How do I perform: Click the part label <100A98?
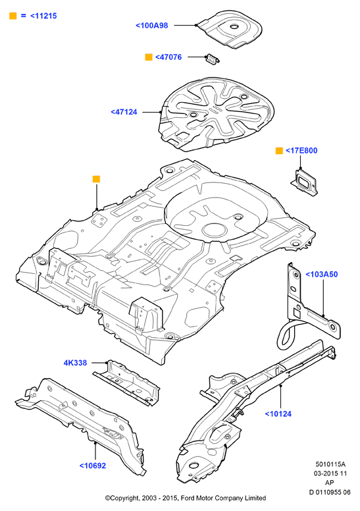(x=152, y=26)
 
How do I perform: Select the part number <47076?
(x=168, y=57)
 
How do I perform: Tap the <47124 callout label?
(x=124, y=112)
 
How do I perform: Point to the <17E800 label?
(x=301, y=151)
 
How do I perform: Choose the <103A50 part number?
(x=322, y=275)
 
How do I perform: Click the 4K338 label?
(x=75, y=363)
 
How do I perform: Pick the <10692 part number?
(x=93, y=466)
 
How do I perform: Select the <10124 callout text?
(x=278, y=414)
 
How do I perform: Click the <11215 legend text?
(x=43, y=16)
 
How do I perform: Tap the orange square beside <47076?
(x=149, y=57)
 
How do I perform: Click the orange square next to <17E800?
(x=279, y=151)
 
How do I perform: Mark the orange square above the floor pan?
(x=96, y=179)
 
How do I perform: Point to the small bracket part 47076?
(x=213, y=59)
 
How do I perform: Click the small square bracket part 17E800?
(x=304, y=182)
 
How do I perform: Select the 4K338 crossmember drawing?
(x=126, y=383)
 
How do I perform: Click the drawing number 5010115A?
(x=330, y=464)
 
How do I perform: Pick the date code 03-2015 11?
(x=330, y=473)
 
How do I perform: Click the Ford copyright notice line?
(x=186, y=498)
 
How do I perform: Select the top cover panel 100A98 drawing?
(x=230, y=31)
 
